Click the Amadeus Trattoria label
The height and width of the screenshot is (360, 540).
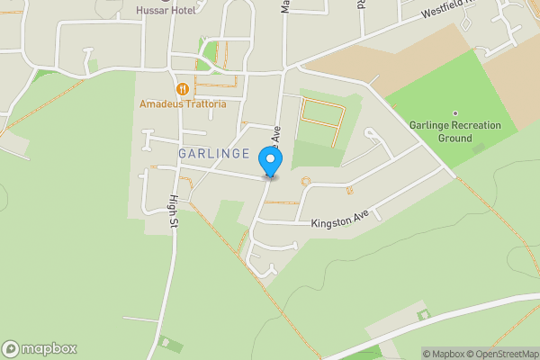tap(183, 104)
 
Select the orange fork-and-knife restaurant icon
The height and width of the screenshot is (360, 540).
tap(183, 88)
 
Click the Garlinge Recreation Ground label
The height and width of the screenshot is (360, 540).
tap(441, 131)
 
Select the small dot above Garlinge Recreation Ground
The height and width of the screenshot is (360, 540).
tap(441, 112)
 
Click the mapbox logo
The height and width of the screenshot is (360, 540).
tap(39, 348)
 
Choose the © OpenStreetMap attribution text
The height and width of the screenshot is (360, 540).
tap(500, 354)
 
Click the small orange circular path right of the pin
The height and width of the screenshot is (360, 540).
tap(306, 181)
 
